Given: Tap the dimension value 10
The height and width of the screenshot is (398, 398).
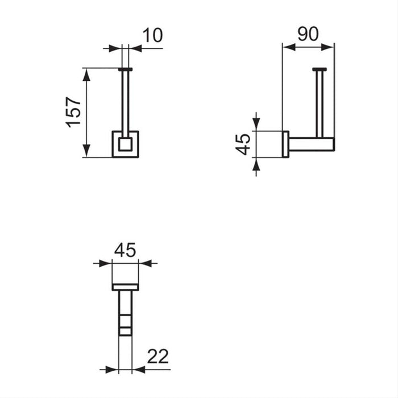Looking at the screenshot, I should click(x=151, y=35).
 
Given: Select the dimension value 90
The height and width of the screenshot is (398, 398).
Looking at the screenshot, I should click(x=308, y=34).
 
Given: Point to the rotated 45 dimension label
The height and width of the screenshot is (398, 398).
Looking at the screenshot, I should click(x=243, y=144).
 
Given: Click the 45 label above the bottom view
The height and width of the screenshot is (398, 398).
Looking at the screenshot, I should click(x=125, y=251).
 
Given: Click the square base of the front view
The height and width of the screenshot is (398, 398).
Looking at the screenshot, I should click(x=125, y=144).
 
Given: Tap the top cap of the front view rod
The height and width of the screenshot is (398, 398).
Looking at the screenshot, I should click(x=125, y=69).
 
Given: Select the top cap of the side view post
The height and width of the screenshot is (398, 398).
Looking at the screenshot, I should click(x=319, y=69).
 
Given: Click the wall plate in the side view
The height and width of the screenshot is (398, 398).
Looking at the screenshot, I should click(x=285, y=144).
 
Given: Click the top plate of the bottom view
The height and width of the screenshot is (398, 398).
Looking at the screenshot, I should click(x=125, y=287).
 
